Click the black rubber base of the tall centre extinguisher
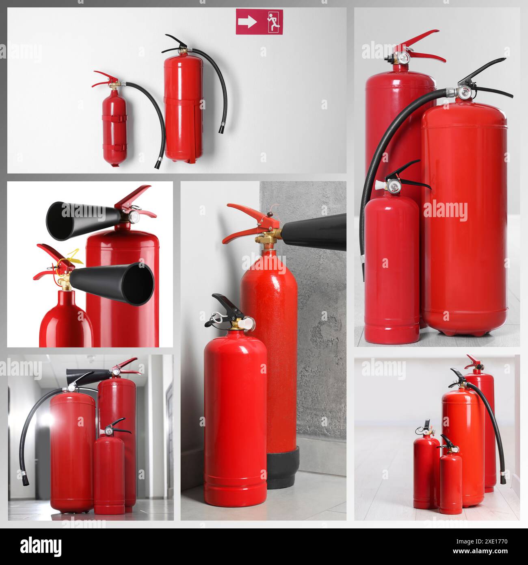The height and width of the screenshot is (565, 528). [x=283, y=467]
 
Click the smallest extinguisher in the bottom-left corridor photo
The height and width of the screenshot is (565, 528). [x=109, y=474]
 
